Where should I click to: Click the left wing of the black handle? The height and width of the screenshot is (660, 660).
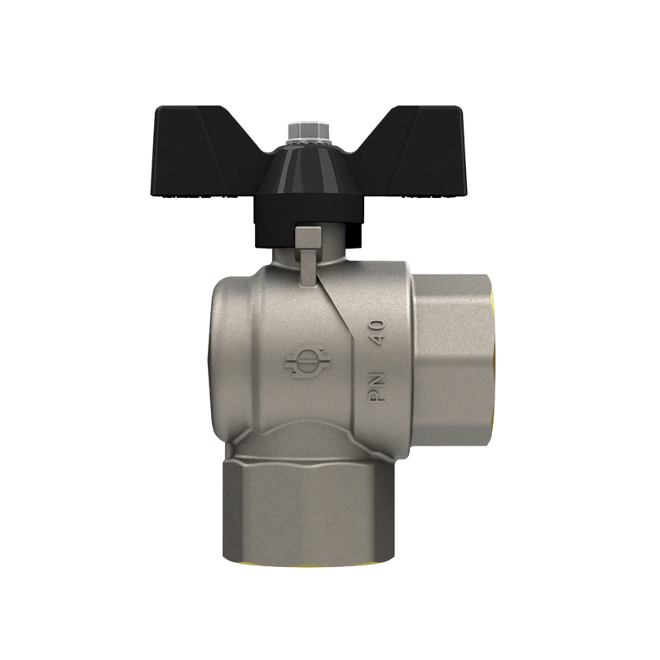pyautogui.click(x=202, y=152)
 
